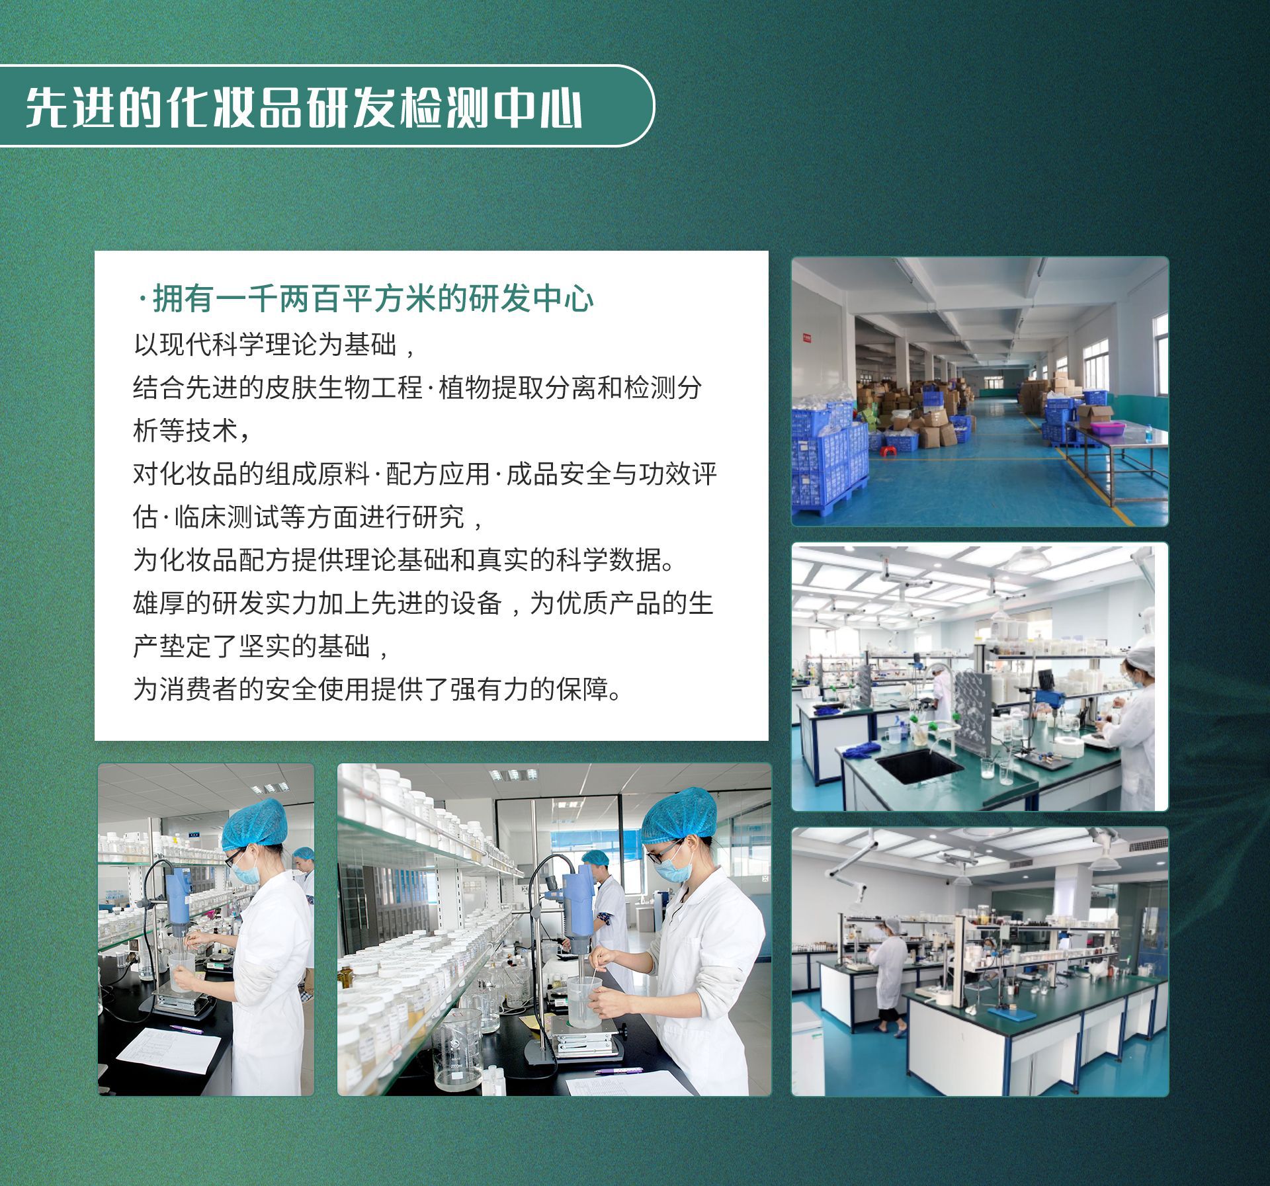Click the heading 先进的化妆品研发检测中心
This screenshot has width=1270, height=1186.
tap(304, 106)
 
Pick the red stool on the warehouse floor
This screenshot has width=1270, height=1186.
tap(878, 441)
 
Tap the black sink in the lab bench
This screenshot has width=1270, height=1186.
tap(919, 765)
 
